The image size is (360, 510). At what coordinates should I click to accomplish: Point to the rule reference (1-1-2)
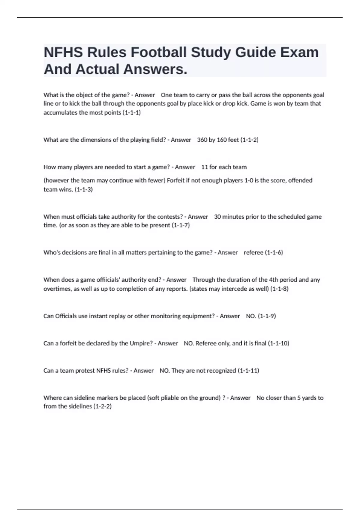click(x=249, y=140)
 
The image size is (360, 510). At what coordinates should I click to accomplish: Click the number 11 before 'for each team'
click(x=204, y=167)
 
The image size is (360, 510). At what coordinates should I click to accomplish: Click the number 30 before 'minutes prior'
click(x=217, y=217)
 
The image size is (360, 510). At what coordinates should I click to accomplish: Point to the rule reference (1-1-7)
click(x=181, y=225)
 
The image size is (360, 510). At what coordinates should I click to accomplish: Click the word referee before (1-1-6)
click(x=253, y=253)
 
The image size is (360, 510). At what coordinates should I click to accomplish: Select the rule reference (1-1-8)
click(x=279, y=289)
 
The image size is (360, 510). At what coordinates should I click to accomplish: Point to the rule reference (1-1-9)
click(x=267, y=316)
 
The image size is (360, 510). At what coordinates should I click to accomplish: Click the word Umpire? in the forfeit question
click(x=141, y=343)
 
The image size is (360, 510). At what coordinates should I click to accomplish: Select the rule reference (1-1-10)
click(x=278, y=343)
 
